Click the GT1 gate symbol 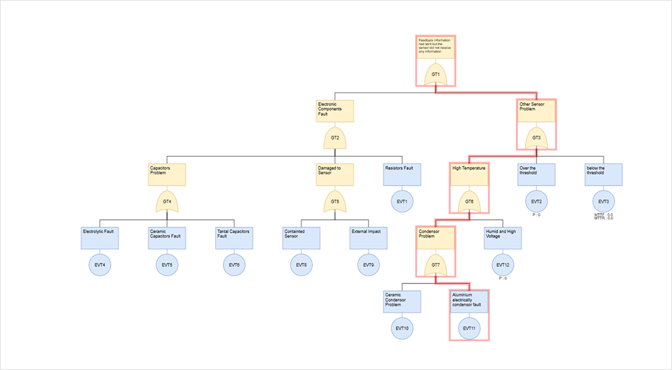tap(436, 74)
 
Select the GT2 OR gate tap(335, 138)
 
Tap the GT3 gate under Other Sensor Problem tap(536, 138)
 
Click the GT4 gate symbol tap(167, 201)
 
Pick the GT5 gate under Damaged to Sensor tap(335, 201)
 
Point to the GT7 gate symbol tap(436, 264)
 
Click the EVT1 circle tap(402, 201)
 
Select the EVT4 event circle tap(100, 264)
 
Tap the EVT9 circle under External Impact tap(369, 264)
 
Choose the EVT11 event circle tap(470, 328)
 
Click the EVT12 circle tap(503, 264)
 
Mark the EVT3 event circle tap(603, 201)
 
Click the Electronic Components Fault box tap(335, 111)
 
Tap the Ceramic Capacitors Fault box tap(167, 238)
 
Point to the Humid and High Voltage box tap(503, 238)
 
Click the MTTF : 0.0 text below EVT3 tap(603, 215)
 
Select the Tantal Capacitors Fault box tap(234, 238)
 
